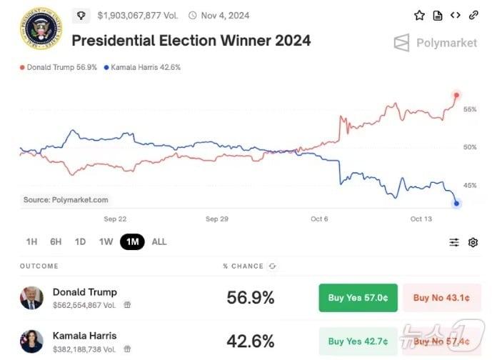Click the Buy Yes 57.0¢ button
click(357, 298)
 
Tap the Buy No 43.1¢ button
click(442, 298)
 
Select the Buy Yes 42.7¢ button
click(357, 341)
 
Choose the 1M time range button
click(132, 241)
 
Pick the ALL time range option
click(159, 241)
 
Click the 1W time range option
click(106, 241)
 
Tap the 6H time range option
click(56, 241)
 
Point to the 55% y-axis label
click(469, 109)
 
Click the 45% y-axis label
click(469, 185)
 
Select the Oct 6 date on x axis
click(319, 219)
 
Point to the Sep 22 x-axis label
click(115, 219)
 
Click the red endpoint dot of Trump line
click(456, 95)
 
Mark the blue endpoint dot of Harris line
click(456, 204)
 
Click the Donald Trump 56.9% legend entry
click(60, 67)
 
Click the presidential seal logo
click(41, 29)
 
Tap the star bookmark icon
click(419, 15)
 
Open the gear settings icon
click(473, 242)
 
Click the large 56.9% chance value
click(250, 298)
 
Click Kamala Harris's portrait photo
click(31, 341)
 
